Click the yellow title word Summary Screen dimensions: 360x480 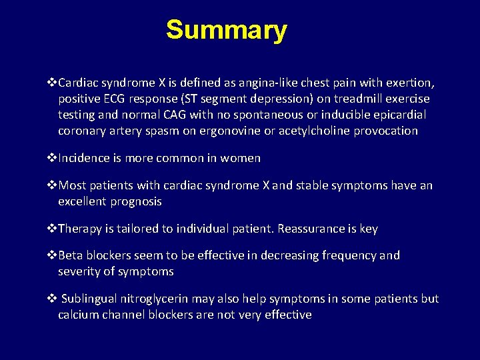(226, 30)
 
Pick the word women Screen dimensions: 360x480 (241, 158)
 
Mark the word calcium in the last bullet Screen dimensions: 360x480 (78, 315)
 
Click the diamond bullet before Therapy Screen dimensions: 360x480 (53, 229)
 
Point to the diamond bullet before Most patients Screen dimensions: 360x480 (53, 185)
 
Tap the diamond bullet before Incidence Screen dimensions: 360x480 (53, 158)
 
